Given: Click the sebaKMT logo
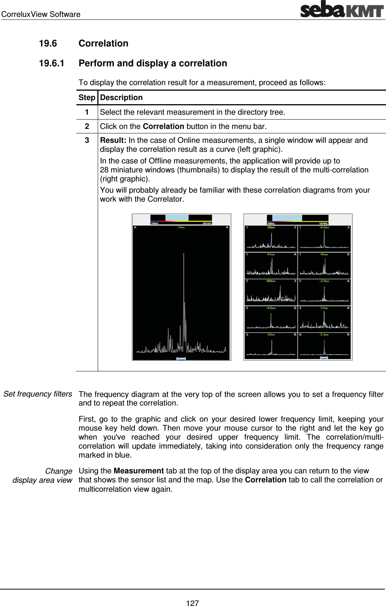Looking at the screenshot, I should [x=341, y=9].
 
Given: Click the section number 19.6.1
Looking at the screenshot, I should [x=52, y=63].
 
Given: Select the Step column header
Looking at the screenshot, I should [x=87, y=98].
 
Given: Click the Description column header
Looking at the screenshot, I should [x=121, y=98].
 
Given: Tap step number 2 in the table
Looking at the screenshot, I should [x=87, y=126].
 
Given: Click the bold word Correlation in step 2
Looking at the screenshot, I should [x=163, y=126].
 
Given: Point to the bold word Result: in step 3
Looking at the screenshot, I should [x=113, y=140].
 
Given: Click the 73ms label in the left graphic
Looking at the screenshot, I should [x=181, y=227].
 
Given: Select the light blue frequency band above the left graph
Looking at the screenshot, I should [x=177, y=218].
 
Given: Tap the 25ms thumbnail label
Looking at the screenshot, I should [x=271, y=227].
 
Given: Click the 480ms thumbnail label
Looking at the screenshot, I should [x=271, y=281].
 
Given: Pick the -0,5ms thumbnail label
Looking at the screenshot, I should [x=324, y=227].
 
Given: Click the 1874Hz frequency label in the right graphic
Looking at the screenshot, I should [x=323, y=223].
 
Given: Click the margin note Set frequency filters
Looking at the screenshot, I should [x=38, y=394].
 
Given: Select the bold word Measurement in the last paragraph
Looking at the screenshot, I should [x=139, y=471].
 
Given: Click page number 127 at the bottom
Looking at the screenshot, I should [x=192, y=603].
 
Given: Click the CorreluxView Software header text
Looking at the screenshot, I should [x=41, y=14].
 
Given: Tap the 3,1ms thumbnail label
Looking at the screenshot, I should [x=324, y=335].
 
